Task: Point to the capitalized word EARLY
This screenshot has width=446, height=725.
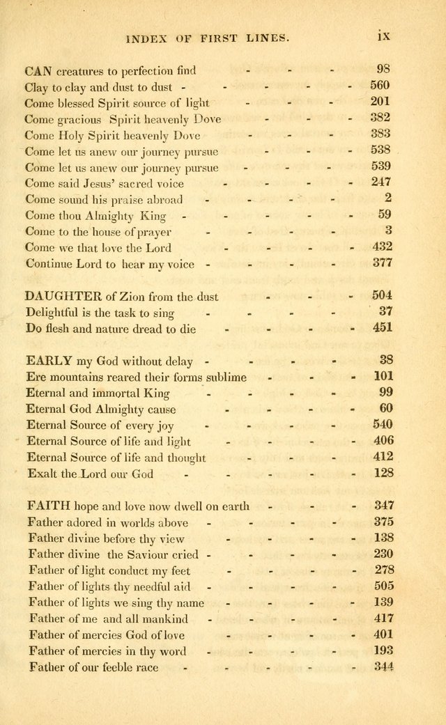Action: click(x=49, y=361)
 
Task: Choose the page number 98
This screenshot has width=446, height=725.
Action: click(x=383, y=70)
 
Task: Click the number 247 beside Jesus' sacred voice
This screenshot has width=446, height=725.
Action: click(x=381, y=182)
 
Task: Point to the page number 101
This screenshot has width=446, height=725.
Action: click(x=382, y=377)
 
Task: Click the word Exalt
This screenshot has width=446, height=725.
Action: click(x=42, y=474)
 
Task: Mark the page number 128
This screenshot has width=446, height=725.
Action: click(x=382, y=474)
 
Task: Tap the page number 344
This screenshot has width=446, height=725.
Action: click(x=383, y=667)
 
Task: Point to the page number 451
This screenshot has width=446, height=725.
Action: click(x=381, y=328)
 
